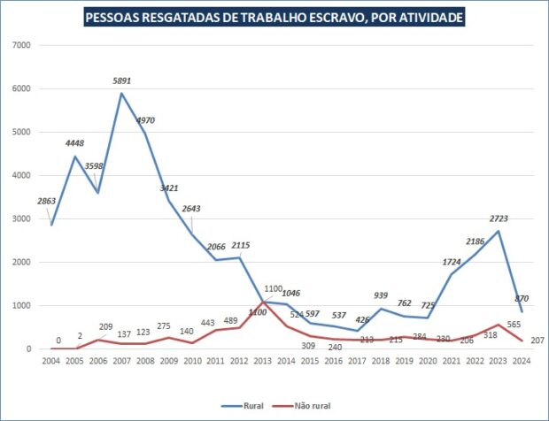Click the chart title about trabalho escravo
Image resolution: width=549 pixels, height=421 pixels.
point(274,18)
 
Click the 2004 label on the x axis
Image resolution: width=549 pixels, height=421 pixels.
point(51,360)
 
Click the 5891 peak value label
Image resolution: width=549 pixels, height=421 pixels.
point(122,81)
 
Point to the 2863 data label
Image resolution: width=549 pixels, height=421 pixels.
point(46,203)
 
